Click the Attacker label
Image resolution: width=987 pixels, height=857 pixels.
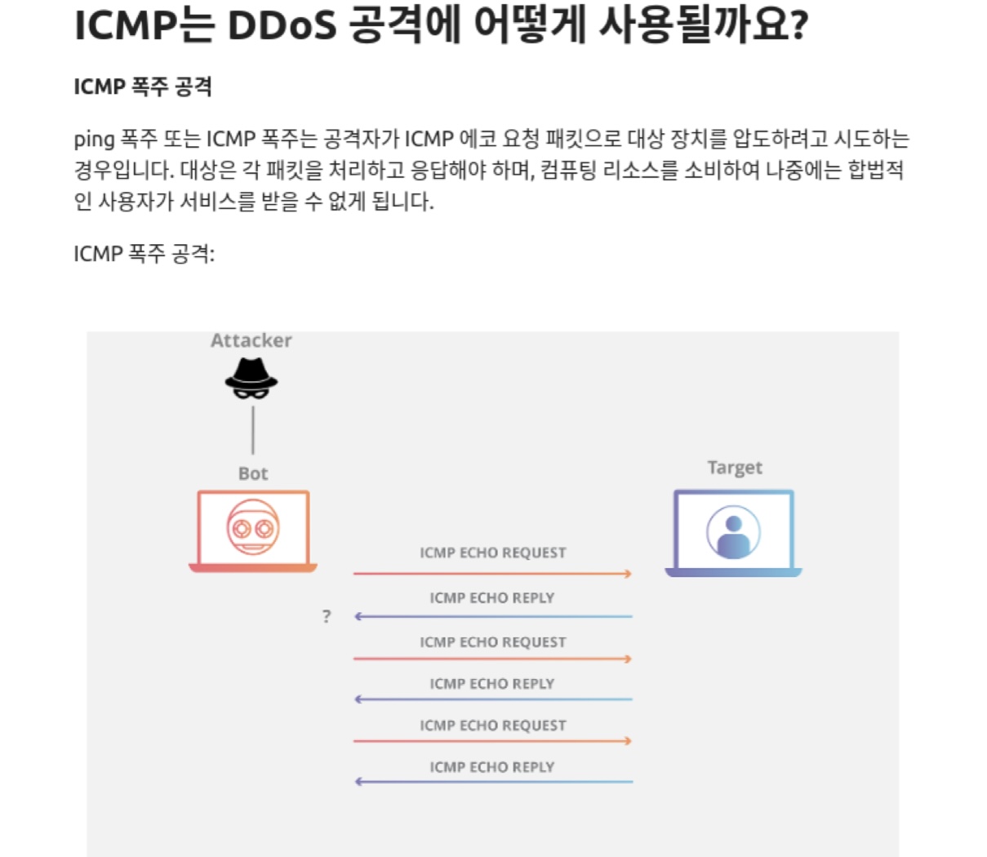click(251, 340)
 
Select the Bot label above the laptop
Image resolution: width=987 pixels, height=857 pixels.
click(253, 473)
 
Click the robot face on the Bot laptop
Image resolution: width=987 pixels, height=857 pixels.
click(253, 527)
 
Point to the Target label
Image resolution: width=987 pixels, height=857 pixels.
click(735, 468)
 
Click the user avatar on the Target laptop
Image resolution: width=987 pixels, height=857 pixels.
click(733, 532)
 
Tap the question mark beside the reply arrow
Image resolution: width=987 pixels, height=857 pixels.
click(327, 616)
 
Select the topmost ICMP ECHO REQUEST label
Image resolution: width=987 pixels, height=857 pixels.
click(492, 553)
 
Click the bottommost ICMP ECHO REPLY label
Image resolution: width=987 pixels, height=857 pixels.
click(491, 766)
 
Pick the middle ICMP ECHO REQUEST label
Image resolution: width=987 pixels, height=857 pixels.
click(492, 642)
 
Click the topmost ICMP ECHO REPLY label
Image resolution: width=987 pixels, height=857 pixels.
click(491, 597)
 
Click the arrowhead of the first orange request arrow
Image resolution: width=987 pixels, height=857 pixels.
click(627, 574)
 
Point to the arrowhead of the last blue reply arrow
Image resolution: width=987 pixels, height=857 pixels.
click(359, 782)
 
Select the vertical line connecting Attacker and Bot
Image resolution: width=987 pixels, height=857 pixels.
click(253, 430)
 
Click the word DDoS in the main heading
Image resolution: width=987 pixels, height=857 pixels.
click(282, 26)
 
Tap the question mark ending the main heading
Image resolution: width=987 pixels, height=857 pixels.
click(799, 26)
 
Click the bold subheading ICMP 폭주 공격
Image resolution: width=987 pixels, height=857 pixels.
click(143, 87)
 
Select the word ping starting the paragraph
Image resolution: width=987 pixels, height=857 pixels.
click(94, 140)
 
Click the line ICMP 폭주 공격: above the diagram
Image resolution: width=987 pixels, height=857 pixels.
click(144, 254)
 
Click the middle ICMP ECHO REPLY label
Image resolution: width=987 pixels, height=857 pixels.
click(491, 683)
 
